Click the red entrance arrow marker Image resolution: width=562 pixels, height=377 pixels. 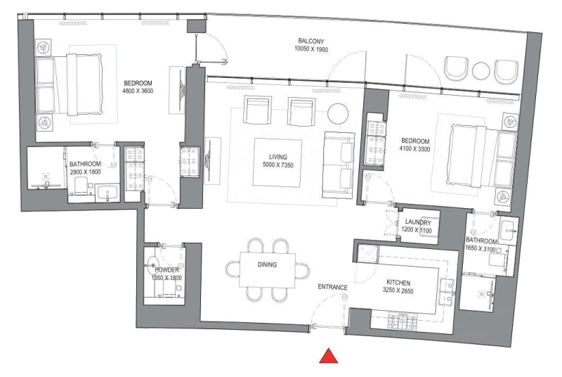pyautogui.click(x=329, y=357)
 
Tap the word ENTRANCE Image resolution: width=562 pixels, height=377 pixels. pyautogui.click(x=332, y=287)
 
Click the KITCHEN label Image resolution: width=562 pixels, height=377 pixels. pyautogui.click(x=397, y=282)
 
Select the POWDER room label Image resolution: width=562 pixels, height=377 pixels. pyautogui.click(x=166, y=269)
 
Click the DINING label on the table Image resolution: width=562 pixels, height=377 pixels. pyautogui.click(x=266, y=265)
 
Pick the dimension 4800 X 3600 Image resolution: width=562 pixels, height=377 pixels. pyautogui.click(x=138, y=91)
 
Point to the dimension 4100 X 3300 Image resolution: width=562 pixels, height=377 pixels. pyautogui.click(x=415, y=149)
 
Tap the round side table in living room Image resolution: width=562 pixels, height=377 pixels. pyautogui.click(x=339, y=114)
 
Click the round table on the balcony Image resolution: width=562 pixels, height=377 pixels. pyautogui.click(x=481, y=71)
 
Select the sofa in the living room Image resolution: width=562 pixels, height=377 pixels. pyautogui.click(x=338, y=165)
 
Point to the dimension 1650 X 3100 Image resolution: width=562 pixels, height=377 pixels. pyautogui.click(x=482, y=249)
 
